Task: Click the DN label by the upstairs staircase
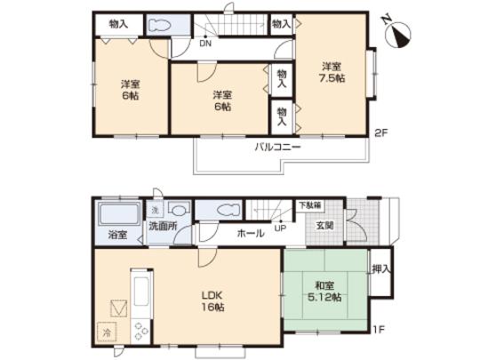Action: tap(205, 42)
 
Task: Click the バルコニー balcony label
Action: tap(277, 147)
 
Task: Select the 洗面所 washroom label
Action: tap(163, 228)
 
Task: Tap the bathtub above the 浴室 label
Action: tap(115, 216)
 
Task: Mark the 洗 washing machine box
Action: tap(155, 209)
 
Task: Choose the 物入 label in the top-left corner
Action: tap(117, 24)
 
